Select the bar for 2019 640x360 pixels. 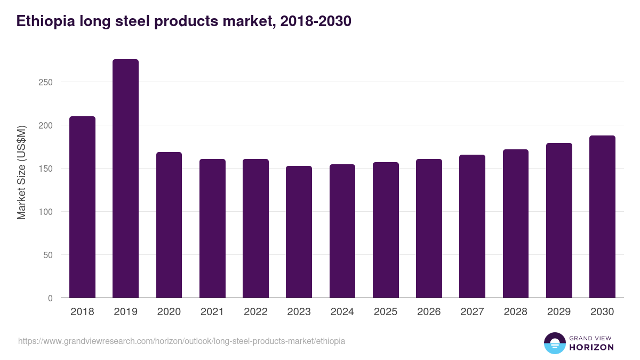(125, 179)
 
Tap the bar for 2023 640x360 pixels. (299, 232)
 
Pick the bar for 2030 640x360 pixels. (602, 217)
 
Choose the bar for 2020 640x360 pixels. (169, 225)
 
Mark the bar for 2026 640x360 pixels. (429, 228)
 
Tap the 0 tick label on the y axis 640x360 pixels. (50, 298)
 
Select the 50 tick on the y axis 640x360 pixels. (47, 255)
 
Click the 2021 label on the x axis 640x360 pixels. (212, 312)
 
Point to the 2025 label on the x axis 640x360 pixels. (386, 312)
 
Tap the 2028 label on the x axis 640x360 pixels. (516, 312)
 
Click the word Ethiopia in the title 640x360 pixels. (45, 21)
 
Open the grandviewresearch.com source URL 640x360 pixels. (181, 341)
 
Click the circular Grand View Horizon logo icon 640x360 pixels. (554, 343)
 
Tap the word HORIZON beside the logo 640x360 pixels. (591, 347)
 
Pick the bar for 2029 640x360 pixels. (559, 220)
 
